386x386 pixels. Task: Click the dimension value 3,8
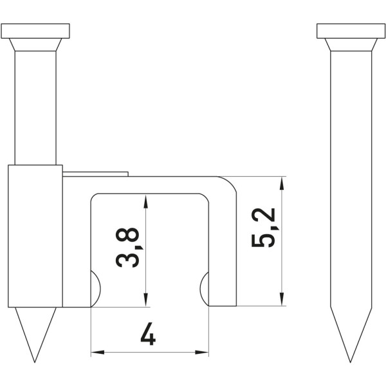click(127, 248)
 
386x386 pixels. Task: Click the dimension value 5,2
click(263, 228)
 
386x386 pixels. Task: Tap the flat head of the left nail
click(35, 31)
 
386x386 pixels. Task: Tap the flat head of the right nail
click(351, 31)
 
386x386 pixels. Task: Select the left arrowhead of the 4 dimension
click(98, 353)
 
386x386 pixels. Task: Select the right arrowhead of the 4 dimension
click(202, 353)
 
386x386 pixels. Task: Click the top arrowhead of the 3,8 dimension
click(146, 201)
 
